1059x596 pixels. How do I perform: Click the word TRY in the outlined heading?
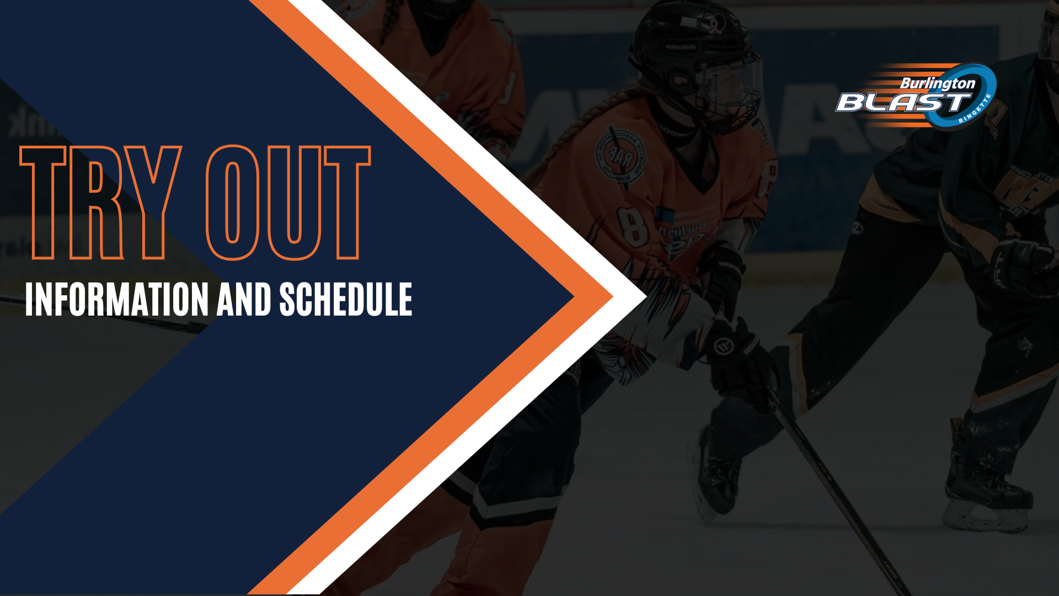tap(101, 203)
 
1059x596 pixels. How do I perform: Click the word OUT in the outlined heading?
tap(288, 203)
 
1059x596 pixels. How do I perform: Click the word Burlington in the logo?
tap(938, 84)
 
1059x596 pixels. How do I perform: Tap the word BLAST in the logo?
tap(902, 103)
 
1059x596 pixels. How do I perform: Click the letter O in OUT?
tap(233, 203)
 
